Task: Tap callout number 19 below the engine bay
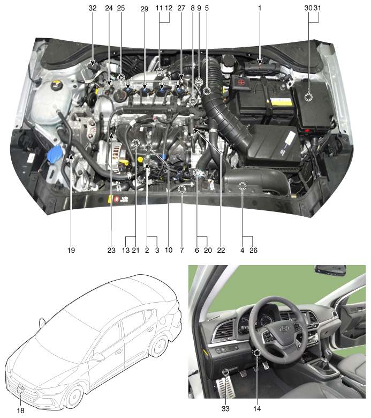(x=71, y=250)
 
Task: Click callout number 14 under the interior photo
(x=258, y=408)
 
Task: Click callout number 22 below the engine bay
(x=221, y=250)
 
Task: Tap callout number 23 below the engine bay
(x=112, y=250)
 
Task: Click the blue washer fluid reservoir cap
(x=54, y=156)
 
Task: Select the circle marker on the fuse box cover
(x=308, y=97)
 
